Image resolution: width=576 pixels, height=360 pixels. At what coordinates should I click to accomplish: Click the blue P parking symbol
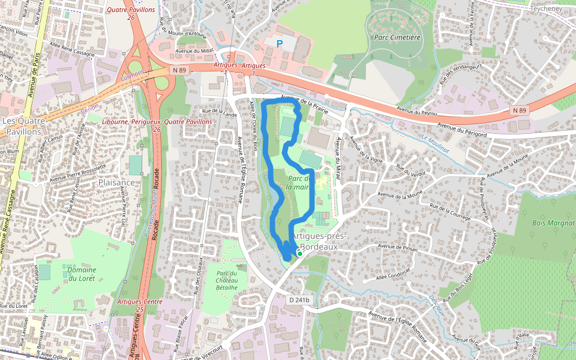[x=279, y=43]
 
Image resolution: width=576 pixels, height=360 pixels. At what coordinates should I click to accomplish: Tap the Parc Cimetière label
[x=397, y=37]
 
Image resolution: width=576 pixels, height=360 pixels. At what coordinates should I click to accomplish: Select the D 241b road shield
[x=298, y=299]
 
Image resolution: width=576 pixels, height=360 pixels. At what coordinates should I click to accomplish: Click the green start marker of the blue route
[x=299, y=253]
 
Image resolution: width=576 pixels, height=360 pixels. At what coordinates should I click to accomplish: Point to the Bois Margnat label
[x=553, y=223]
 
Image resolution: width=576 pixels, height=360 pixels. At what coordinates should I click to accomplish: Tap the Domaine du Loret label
[x=81, y=274]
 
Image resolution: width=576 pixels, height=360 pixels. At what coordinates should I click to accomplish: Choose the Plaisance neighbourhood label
[x=117, y=182]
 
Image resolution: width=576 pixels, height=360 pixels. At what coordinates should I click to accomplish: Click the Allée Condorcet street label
[x=394, y=269]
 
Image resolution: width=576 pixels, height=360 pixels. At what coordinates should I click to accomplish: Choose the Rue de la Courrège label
[x=450, y=212]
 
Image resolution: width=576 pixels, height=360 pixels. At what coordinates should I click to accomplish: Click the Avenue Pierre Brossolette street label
[x=78, y=173]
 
